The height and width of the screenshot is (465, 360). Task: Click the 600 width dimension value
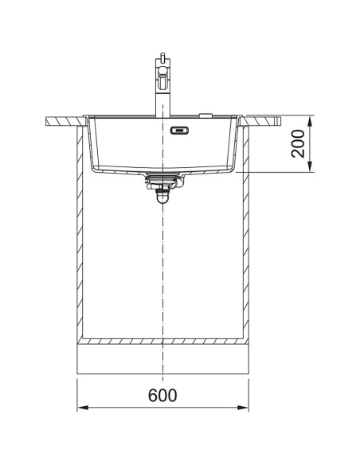(162, 396)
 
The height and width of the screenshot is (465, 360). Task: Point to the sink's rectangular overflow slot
(181, 130)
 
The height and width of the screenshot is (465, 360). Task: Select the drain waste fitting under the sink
(162, 182)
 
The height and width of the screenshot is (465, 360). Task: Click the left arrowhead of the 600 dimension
(80, 409)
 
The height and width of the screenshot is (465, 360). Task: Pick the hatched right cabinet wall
(245, 239)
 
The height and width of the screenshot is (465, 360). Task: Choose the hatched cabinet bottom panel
(162, 342)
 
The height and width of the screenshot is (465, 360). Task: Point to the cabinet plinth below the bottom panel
(162, 360)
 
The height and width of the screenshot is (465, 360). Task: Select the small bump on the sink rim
(206, 113)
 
